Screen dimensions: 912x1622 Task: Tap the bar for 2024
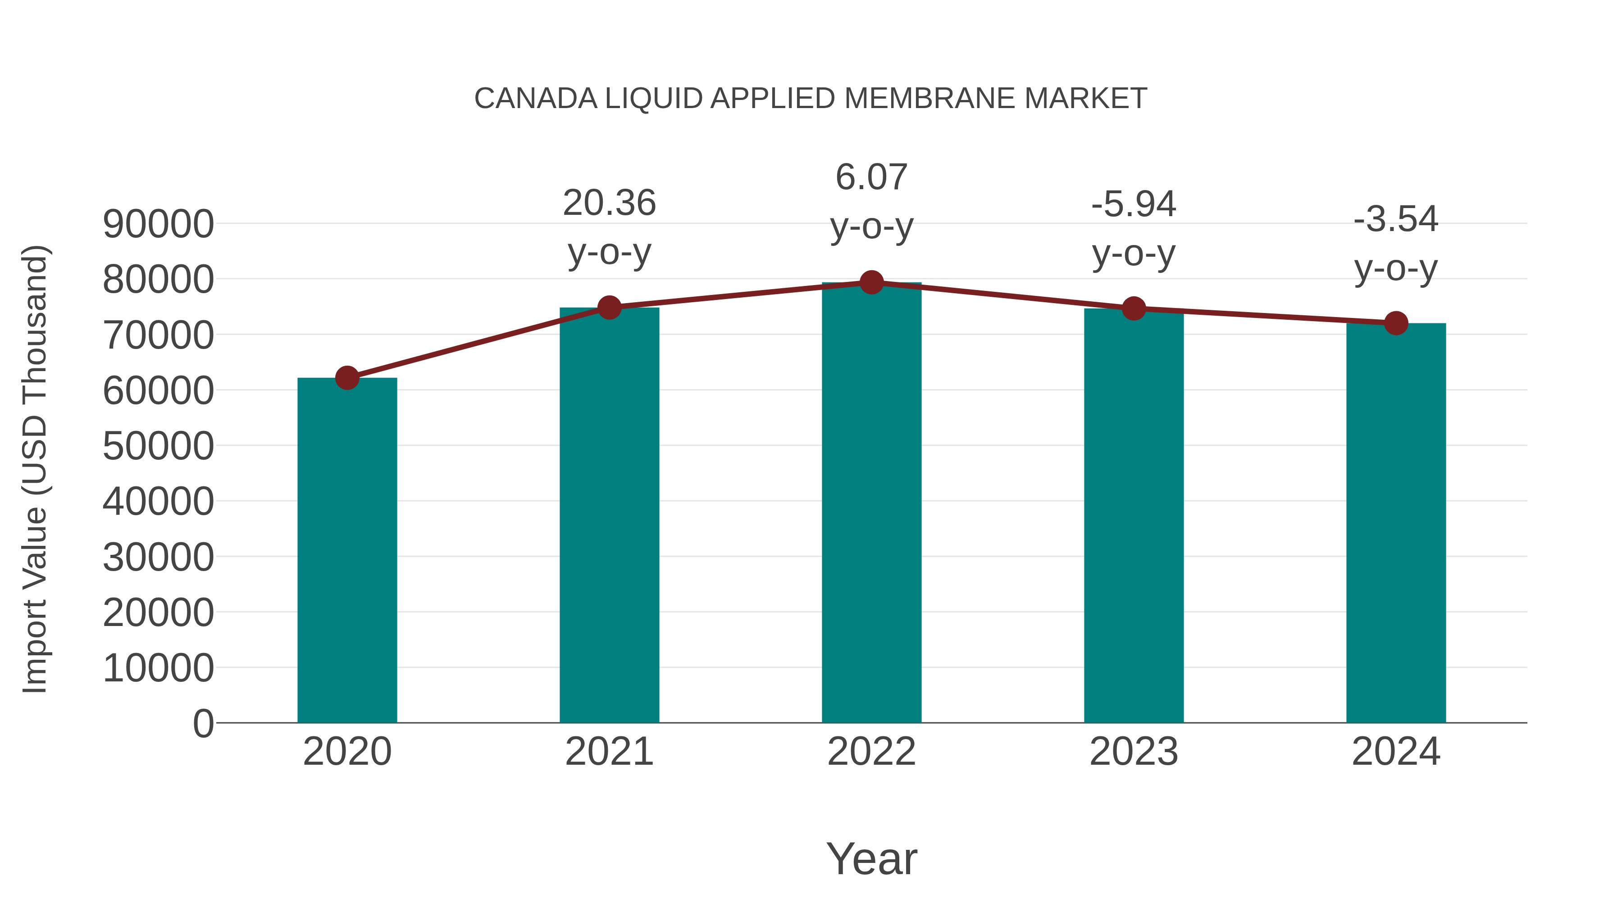click(1396, 522)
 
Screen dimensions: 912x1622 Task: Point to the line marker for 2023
click(1134, 309)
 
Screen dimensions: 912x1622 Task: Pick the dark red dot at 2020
click(347, 378)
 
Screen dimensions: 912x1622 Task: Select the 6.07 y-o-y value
click(871, 177)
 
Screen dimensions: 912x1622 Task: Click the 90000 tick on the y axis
click(158, 224)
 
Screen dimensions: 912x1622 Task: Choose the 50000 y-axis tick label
click(158, 446)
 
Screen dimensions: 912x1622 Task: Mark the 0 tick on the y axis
click(203, 723)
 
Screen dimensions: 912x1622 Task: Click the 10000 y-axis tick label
click(158, 668)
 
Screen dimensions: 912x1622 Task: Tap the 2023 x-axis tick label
click(1134, 752)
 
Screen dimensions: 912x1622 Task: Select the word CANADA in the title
click(535, 99)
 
